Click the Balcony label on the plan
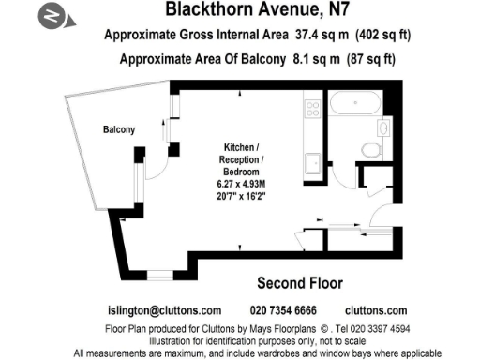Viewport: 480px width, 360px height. [119, 129]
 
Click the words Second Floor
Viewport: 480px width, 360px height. [299, 282]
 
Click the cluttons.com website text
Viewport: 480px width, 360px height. [376, 310]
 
